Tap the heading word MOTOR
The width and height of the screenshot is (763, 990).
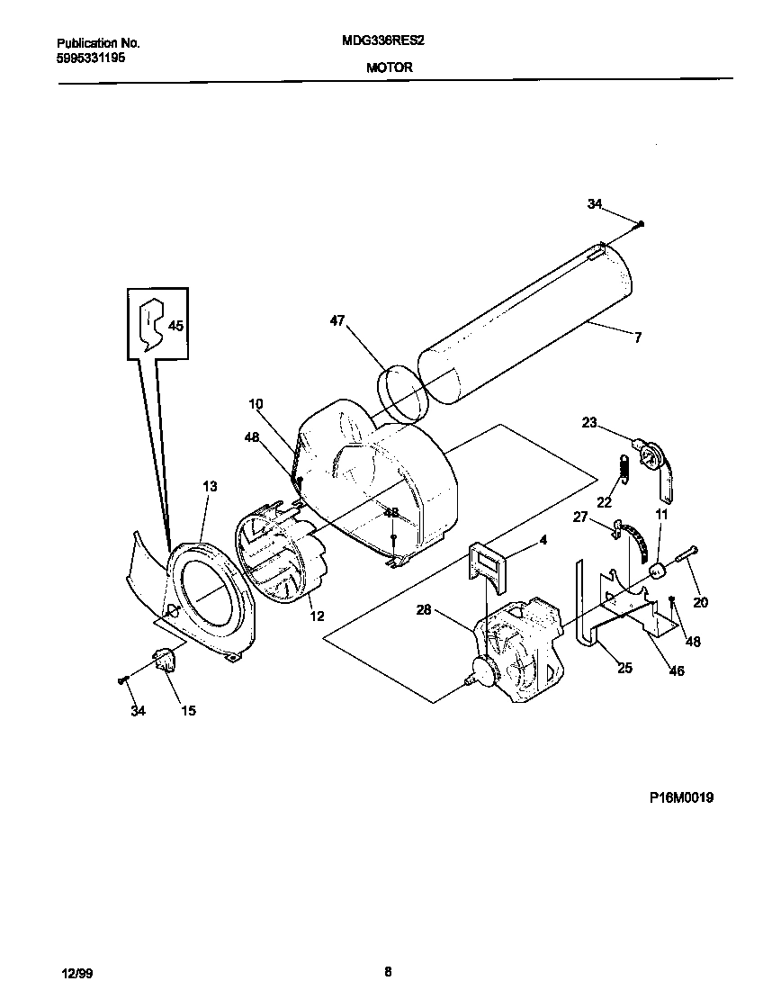tap(390, 67)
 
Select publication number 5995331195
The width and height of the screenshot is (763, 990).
tap(91, 57)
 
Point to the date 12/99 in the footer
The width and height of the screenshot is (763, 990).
tap(76, 971)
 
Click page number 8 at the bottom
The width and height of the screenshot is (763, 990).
tap(388, 971)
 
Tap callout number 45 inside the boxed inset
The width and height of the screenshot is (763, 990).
tap(175, 326)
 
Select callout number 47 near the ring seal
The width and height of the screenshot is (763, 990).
tap(337, 320)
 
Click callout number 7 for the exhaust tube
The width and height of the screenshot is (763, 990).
tap(637, 337)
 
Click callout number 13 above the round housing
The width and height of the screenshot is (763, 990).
tap(210, 487)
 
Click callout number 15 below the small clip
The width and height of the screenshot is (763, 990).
tap(188, 711)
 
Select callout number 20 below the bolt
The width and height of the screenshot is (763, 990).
tap(699, 602)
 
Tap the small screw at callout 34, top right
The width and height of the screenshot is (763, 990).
tap(640, 224)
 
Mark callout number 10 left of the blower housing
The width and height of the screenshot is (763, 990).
tap(256, 405)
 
